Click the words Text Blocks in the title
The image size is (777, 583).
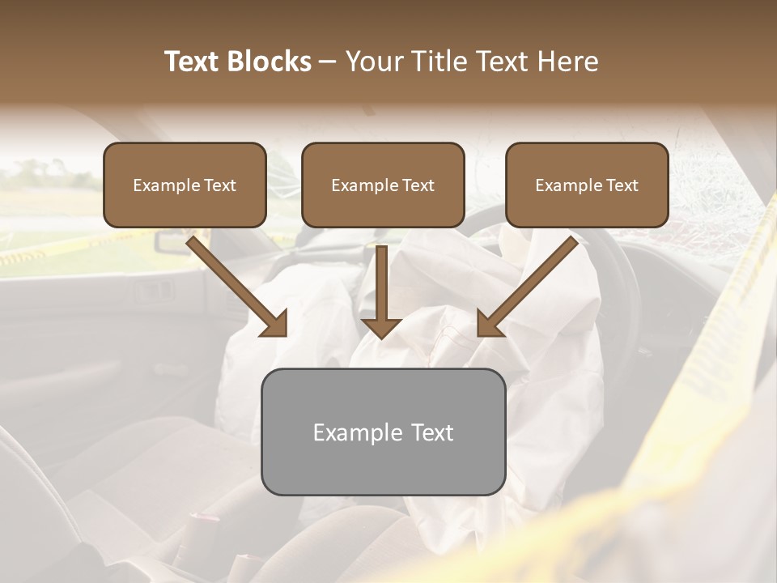pos(238,62)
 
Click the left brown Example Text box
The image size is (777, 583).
pos(185,185)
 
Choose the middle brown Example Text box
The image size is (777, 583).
pos(383,185)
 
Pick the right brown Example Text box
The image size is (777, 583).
pos(587,185)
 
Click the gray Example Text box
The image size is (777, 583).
pos(383,432)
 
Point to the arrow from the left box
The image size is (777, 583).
pos(235,283)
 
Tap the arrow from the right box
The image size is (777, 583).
pos(530,283)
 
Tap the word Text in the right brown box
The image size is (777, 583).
pos(621,185)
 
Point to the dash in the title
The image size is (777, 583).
pos(328,62)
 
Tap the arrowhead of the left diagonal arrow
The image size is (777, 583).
pos(275,324)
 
